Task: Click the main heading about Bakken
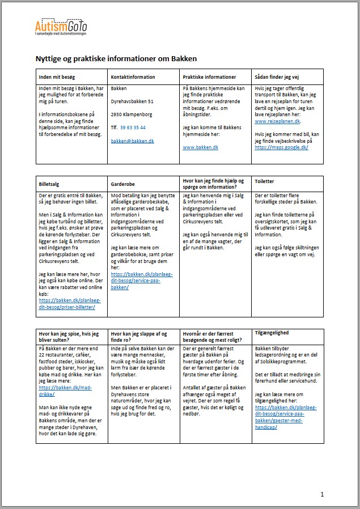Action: (x=116, y=58)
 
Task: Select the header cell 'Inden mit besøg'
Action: (x=57, y=77)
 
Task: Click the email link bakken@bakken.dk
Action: (x=132, y=141)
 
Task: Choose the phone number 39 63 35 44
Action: (x=133, y=128)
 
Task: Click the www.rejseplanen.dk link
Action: (x=278, y=121)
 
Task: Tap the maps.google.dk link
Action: (x=281, y=147)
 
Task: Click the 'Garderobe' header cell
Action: (x=123, y=184)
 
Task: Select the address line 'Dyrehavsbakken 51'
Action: (x=132, y=101)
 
